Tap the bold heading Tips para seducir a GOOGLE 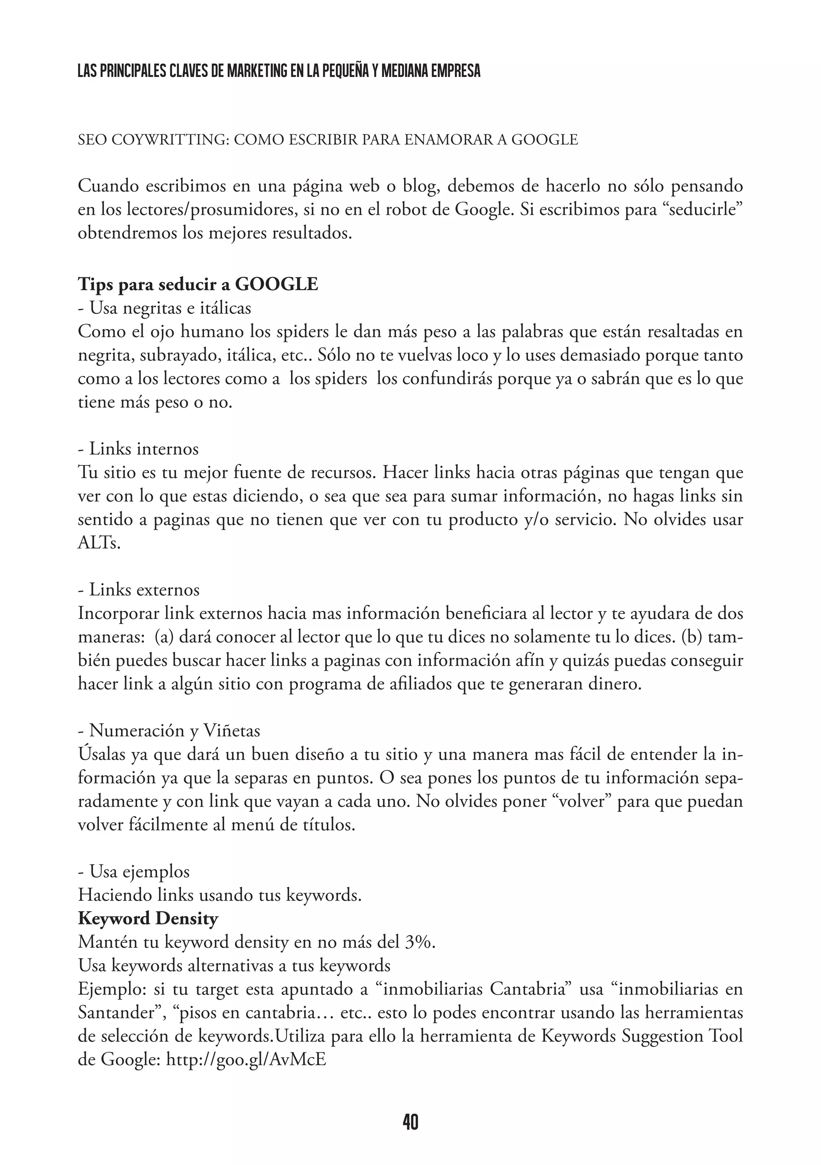pos(198,284)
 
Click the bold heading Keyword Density pos(148,918)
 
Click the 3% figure pos(420,942)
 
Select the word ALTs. pos(99,544)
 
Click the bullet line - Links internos pos(138,449)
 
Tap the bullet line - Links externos pos(139,590)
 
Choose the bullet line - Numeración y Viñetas pos(169,731)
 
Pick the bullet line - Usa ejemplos pos(134,872)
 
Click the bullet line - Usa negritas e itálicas pos(164,308)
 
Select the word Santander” pos(120,1013)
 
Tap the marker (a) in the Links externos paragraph pos(164,637)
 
